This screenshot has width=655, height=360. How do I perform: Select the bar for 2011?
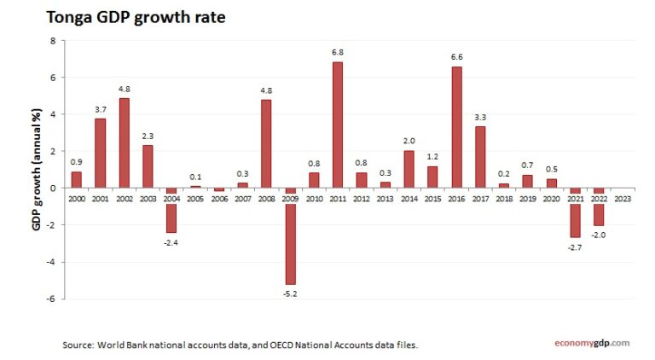click(x=338, y=125)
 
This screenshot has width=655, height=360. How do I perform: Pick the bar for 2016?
click(x=456, y=127)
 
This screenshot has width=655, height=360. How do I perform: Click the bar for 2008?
click(x=266, y=143)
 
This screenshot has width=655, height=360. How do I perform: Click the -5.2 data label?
click(x=291, y=293)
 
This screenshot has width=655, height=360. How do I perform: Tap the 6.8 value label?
click(x=338, y=52)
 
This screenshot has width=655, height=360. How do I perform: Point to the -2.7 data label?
click(x=576, y=247)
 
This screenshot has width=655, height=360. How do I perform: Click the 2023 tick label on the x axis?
click(x=623, y=198)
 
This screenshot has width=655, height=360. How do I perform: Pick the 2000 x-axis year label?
click(x=77, y=198)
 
